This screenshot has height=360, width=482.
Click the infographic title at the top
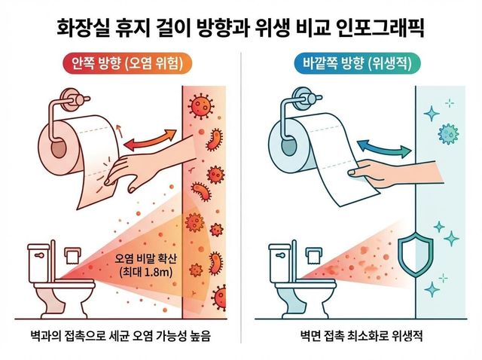[x=241, y=29]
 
